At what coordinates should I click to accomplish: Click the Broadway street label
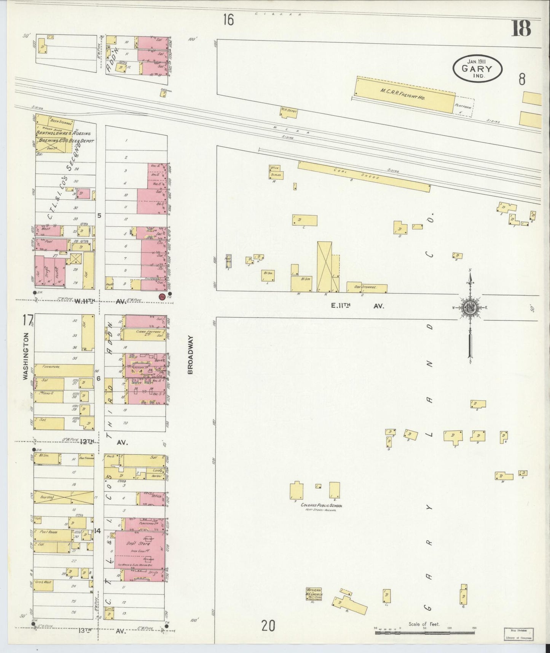point(191,355)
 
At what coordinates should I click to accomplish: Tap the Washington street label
point(26,356)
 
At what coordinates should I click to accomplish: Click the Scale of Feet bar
point(424,632)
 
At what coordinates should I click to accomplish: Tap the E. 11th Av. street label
point(357,305)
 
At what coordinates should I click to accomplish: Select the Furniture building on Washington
point(63,370)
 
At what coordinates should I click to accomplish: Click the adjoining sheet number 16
point(228,19)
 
